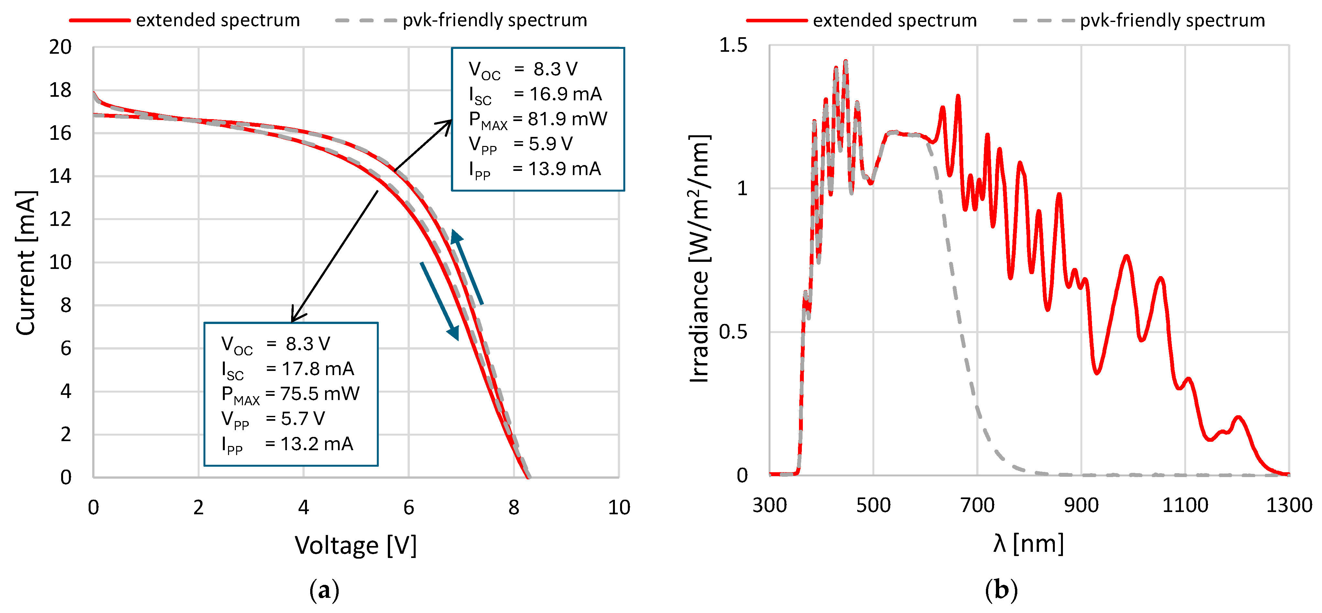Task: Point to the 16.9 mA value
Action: pyautogui.click(x=565, y=94)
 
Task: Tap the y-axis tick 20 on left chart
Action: pyautogui.click(x=60, y=47)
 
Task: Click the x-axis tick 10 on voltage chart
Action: pyautogui.click(x=618, y=507)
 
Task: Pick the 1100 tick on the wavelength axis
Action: pyautogui.click(x=1185, y=505)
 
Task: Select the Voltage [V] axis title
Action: pyautogui.click(x=355, y=545)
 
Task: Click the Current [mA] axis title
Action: pyautogui.click(x=26, y=263)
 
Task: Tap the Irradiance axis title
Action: pyautogui.click(x=699, y=259)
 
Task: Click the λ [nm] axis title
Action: pyautogui.click(x=1028, y=543)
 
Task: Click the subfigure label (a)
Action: pyautogui.click(x=324, y=590)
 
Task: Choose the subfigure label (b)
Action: pyautogui.click(x=1001, y=590)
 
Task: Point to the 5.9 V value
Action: pyautogui.click(x=550, y=144)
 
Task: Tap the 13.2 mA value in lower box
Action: pyautogui.click(x=317, y=444)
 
